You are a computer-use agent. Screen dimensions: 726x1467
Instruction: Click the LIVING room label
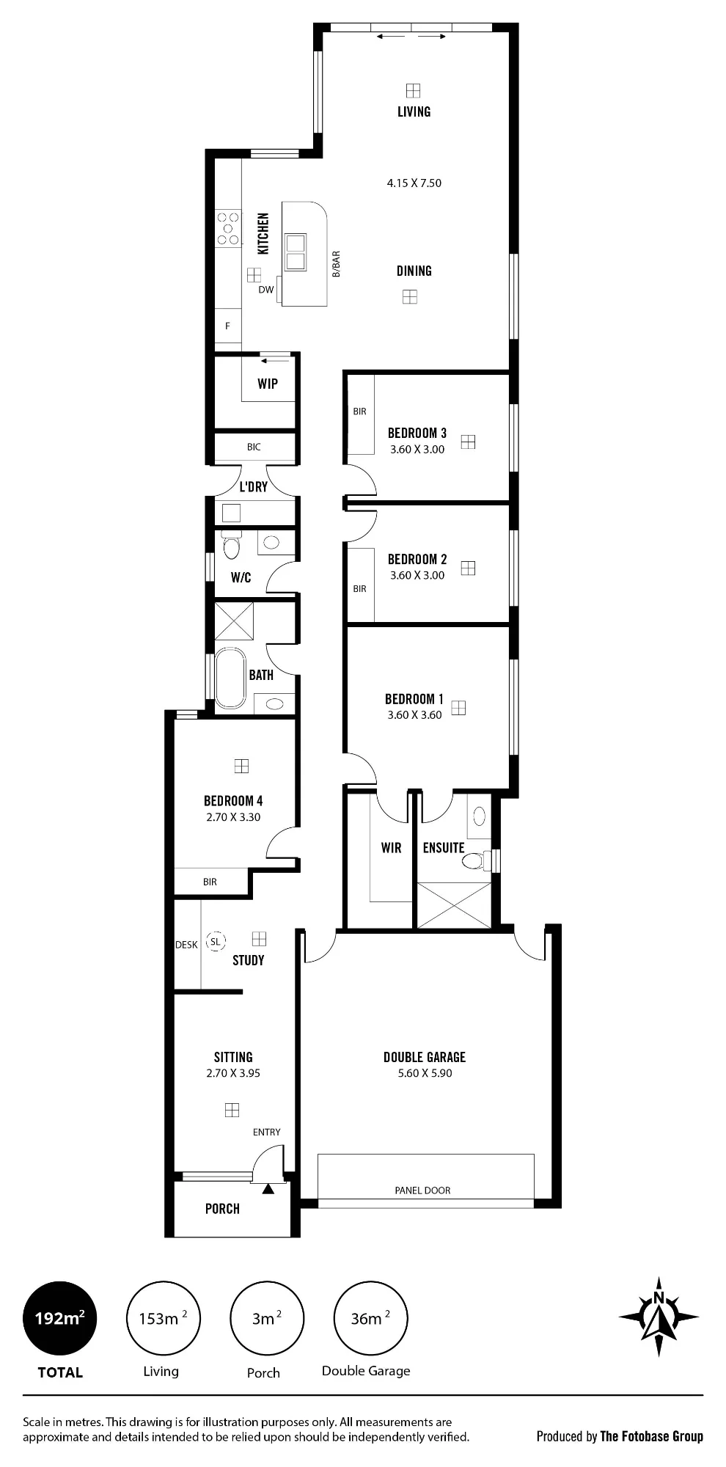pyautogui.click(x=414, y=111)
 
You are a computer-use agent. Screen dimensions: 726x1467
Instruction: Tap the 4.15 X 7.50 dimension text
pyautogui.click(x=414, y=183)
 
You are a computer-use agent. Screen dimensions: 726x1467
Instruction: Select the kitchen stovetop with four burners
pyautogui.click(x=228, y=228)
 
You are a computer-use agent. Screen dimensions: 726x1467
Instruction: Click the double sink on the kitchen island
pyautogui.click(x=296, y=252)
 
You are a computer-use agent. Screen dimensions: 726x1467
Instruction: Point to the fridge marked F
pyautogui.click(x=228, y=326)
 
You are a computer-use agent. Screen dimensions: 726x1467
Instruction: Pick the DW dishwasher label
pyautogui.click(x=265, y=290)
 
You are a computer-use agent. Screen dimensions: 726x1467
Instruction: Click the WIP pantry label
pyautogui.click(x=268, y=384)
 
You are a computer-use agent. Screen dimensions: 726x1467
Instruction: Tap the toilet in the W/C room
pyautogui.click(x=232, y=546)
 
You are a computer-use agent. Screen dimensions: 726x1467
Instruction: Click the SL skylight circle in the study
pyautogui.click(x=216, y=941)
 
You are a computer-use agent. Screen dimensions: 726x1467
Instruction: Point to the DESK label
pyautogui.click(x=186, y=945)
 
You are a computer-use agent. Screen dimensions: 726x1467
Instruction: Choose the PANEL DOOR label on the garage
pyautogui.click(x=422, y=1190)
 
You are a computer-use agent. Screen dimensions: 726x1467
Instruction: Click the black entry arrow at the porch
pyautogui.click(x=268, y=1188)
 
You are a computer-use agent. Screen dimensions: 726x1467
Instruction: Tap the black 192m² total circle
pyautogui.click(x=60, y=1318)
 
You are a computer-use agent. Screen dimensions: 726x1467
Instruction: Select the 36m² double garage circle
pyautogui.click(x=370, y=1318)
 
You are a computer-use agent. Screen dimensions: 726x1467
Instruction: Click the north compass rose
pyautogui.click(x=659, y=1317)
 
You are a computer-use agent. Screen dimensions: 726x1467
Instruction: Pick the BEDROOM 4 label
pyautogui.click(x=233, y=801)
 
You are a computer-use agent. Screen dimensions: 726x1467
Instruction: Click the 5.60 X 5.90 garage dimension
pyautogui.click(x=425, y=1073)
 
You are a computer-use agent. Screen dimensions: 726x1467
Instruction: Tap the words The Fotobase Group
pyautogui.click(x=652, y=1436)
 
